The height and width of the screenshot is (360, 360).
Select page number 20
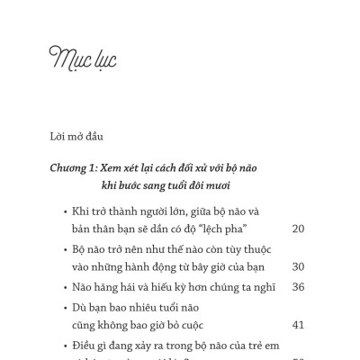[299, 229]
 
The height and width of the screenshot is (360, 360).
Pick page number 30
[299, 266]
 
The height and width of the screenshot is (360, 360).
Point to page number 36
[299, 287]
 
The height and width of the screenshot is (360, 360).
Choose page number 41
[299, 325]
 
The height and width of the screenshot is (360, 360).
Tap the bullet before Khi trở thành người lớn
[65, 212]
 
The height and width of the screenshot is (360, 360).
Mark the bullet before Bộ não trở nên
[65, 249]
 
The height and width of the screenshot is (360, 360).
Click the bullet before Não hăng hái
[65, 288]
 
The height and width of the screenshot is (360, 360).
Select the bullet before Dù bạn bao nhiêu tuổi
[65, 308]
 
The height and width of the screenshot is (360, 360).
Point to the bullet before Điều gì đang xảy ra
[65, 346]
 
